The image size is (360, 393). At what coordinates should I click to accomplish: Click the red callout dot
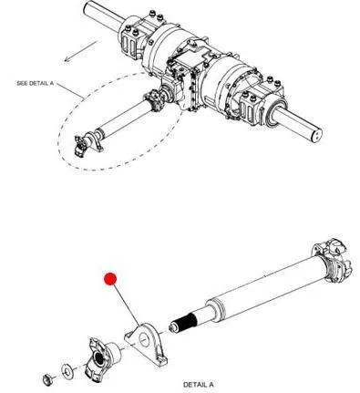point(110,279)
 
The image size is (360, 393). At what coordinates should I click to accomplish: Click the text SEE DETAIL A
point(35,83)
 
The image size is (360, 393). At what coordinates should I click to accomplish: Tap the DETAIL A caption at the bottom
point(198,385)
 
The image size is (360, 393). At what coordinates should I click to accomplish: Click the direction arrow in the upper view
point(80,52)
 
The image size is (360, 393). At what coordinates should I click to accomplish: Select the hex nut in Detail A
point(48,378)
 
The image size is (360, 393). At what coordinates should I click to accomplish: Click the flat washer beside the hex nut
point(67,370)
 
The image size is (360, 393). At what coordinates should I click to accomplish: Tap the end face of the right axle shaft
point(316,134)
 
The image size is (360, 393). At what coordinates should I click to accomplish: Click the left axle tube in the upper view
point(103,16)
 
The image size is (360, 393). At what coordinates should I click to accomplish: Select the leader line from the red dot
point(127,305)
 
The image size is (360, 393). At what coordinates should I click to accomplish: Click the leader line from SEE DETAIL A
point(70,90)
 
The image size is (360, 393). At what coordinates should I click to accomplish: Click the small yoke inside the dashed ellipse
point(81,146)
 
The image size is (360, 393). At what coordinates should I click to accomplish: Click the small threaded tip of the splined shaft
point(173,328)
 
